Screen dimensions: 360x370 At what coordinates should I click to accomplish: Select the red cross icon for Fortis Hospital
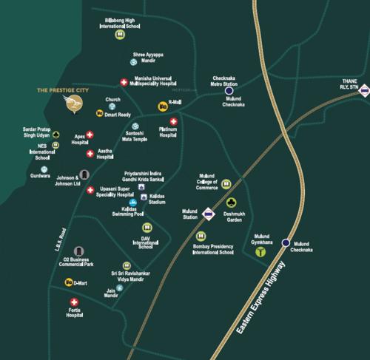click(x=74, y=302)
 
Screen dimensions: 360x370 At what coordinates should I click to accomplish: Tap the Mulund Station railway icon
click(x=209, y=215)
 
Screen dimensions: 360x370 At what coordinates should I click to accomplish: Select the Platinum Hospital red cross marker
click(x=173, y=122)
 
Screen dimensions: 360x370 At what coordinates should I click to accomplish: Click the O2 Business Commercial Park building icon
click(x=78, y=253)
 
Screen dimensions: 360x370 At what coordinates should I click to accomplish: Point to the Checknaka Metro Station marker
click(x=230, y=91)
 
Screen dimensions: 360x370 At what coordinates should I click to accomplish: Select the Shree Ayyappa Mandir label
click(x=150, y=57)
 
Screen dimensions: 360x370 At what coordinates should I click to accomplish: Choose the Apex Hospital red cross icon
click(x=90, y=135)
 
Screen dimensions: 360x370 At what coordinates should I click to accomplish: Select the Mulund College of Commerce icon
click(x=228, y=183)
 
